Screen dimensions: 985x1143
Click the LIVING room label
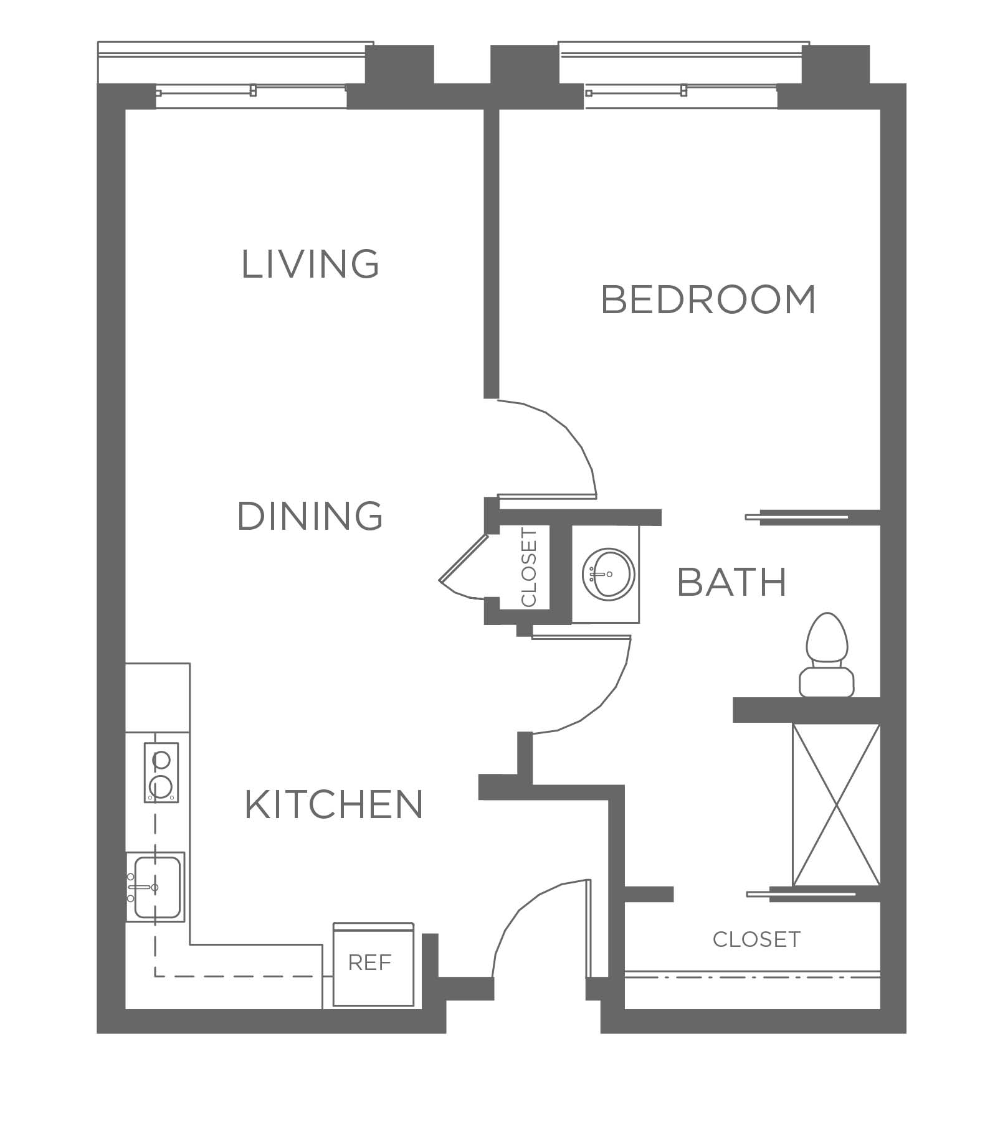pos(310,264)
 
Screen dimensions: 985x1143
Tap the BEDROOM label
pos(708,299)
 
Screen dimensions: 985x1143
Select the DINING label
pos(310,516)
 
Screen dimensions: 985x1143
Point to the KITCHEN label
pos(334,804)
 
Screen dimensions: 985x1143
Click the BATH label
pos(731,583)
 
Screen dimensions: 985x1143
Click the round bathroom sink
pos(609,574)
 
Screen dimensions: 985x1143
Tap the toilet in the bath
pos(827,655)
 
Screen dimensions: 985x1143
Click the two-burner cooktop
pos(161,773)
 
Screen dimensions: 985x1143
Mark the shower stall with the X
pos(835,804)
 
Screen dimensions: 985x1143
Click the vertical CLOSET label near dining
pos(528,567)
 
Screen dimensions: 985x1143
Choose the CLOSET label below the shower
pos(756,939)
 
